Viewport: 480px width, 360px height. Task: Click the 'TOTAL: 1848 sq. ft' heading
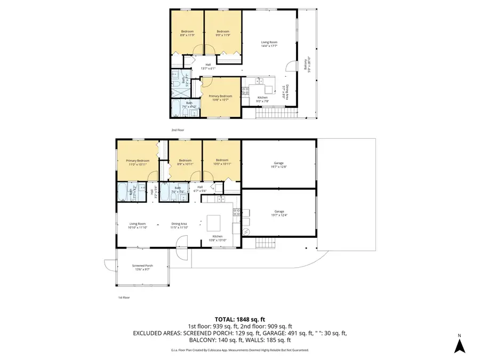pos(239,319)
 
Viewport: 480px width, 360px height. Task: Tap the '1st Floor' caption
pos(124,298)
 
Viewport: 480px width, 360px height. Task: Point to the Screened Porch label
pos(142,267)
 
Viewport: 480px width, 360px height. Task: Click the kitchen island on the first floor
pos(214,221)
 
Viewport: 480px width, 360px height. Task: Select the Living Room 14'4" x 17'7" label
pos(269,44)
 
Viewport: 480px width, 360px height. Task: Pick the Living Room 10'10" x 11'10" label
pos(137,226)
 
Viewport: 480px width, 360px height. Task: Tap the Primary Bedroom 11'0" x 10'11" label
pos(137,162)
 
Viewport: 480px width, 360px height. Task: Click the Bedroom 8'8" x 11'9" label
pos(187,33)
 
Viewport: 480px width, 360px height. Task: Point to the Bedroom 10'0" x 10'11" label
pos(222,162)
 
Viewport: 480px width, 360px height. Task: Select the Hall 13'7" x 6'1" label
pos(208,67)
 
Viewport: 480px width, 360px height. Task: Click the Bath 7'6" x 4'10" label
pos(189,105)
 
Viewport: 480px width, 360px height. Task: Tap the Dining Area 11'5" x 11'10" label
pos(179,226)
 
